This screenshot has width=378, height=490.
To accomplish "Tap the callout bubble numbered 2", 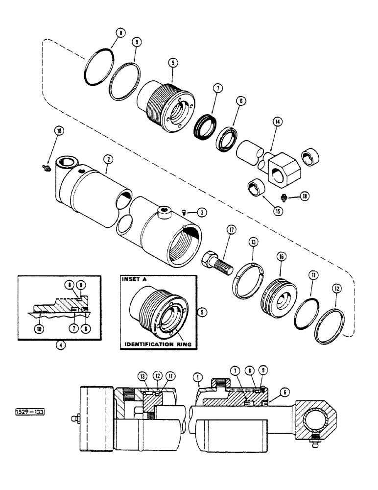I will tap(107, 158).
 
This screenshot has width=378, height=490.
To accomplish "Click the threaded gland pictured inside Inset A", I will tap(155, 312).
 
